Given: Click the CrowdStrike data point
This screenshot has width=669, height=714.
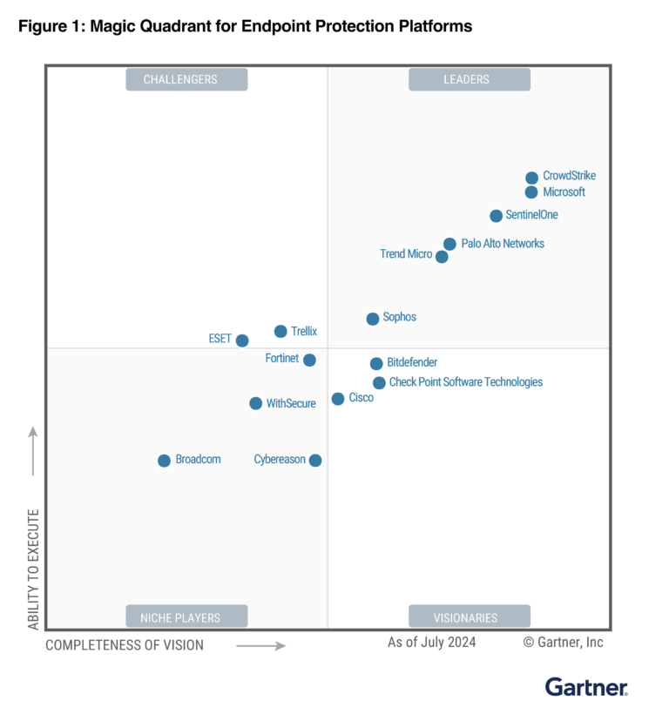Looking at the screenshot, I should pyautogui.click(x=531, y=178).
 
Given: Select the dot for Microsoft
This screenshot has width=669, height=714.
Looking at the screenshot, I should pyautogui.click(x=531, y=192).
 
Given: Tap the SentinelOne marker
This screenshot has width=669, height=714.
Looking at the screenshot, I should pyautogui.click(x=496, y=216).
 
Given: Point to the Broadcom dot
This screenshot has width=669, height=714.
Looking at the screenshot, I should pyautogui.click(x=164, y=461).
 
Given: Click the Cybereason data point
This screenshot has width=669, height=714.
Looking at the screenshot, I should pyautogui.click(x=315, y=461).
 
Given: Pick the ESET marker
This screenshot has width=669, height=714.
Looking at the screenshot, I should pyautogui.click(x=242, y=340).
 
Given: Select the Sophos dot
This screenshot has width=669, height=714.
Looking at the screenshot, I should pyautogui.click(x=373, y=319).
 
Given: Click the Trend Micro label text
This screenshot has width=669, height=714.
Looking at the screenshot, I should pyautogui.click(x=405, y=254).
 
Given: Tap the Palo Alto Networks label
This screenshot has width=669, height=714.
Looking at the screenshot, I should pyautogui.click(x=503, y=244).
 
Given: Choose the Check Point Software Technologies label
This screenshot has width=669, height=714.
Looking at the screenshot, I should pyautogui.click(x=465, y=382).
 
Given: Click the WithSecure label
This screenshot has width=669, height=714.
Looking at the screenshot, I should pyautogui.click(x=291, y=404).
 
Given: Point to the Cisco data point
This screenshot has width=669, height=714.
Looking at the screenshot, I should pyautogui.click(x=338, y=399).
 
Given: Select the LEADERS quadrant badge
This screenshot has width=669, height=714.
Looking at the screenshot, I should pyautogui.click(x=470, y=79).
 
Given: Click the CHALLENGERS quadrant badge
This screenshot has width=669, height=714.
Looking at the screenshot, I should pyautogui.click(x=186, y=79).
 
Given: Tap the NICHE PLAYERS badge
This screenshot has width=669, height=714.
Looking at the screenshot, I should pyautogui.click(x=186, y=617).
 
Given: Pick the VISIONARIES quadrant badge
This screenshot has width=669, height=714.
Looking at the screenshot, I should pyautogui.click(x=470, y=617).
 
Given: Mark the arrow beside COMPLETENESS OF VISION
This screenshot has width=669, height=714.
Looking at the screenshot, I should pyautogui.click(x=260, y=646).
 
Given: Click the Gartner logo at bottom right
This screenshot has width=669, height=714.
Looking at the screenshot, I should pyautogui.click(x=586, y=687).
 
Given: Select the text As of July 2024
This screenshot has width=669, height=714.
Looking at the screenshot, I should pyautogui.click(x=431, y=643).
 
